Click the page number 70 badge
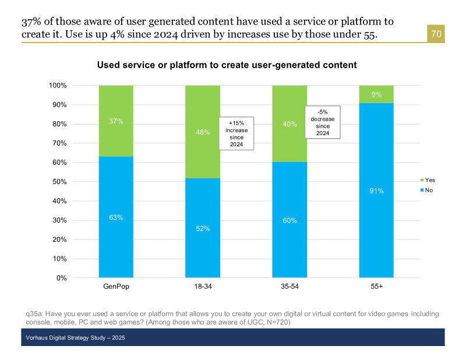436,34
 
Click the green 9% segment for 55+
376,94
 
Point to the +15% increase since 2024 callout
236,133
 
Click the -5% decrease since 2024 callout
323,122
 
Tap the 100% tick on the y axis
58,86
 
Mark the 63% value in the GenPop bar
116,218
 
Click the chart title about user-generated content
227,65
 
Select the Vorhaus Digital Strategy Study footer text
76,338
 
